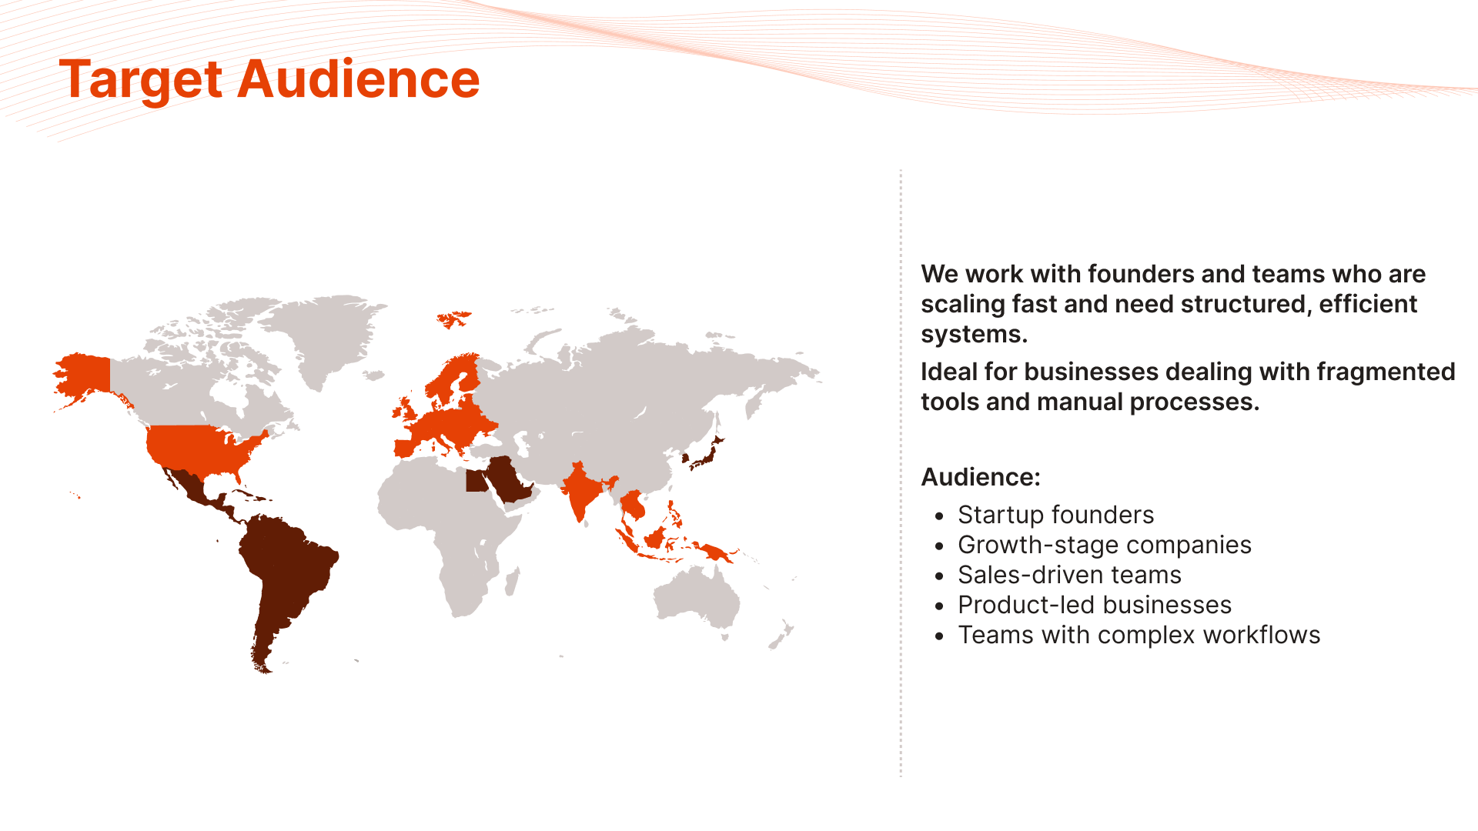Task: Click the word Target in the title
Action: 142,80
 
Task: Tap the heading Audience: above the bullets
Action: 981,477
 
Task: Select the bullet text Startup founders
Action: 1055,515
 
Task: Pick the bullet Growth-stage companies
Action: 1105,545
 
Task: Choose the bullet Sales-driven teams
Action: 1069,575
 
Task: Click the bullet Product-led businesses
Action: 1095,605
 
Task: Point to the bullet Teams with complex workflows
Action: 1139,635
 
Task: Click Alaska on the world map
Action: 83,378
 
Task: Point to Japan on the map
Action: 705,453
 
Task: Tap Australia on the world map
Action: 697,596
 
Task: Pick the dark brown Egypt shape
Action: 477,481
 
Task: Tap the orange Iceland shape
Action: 453,318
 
